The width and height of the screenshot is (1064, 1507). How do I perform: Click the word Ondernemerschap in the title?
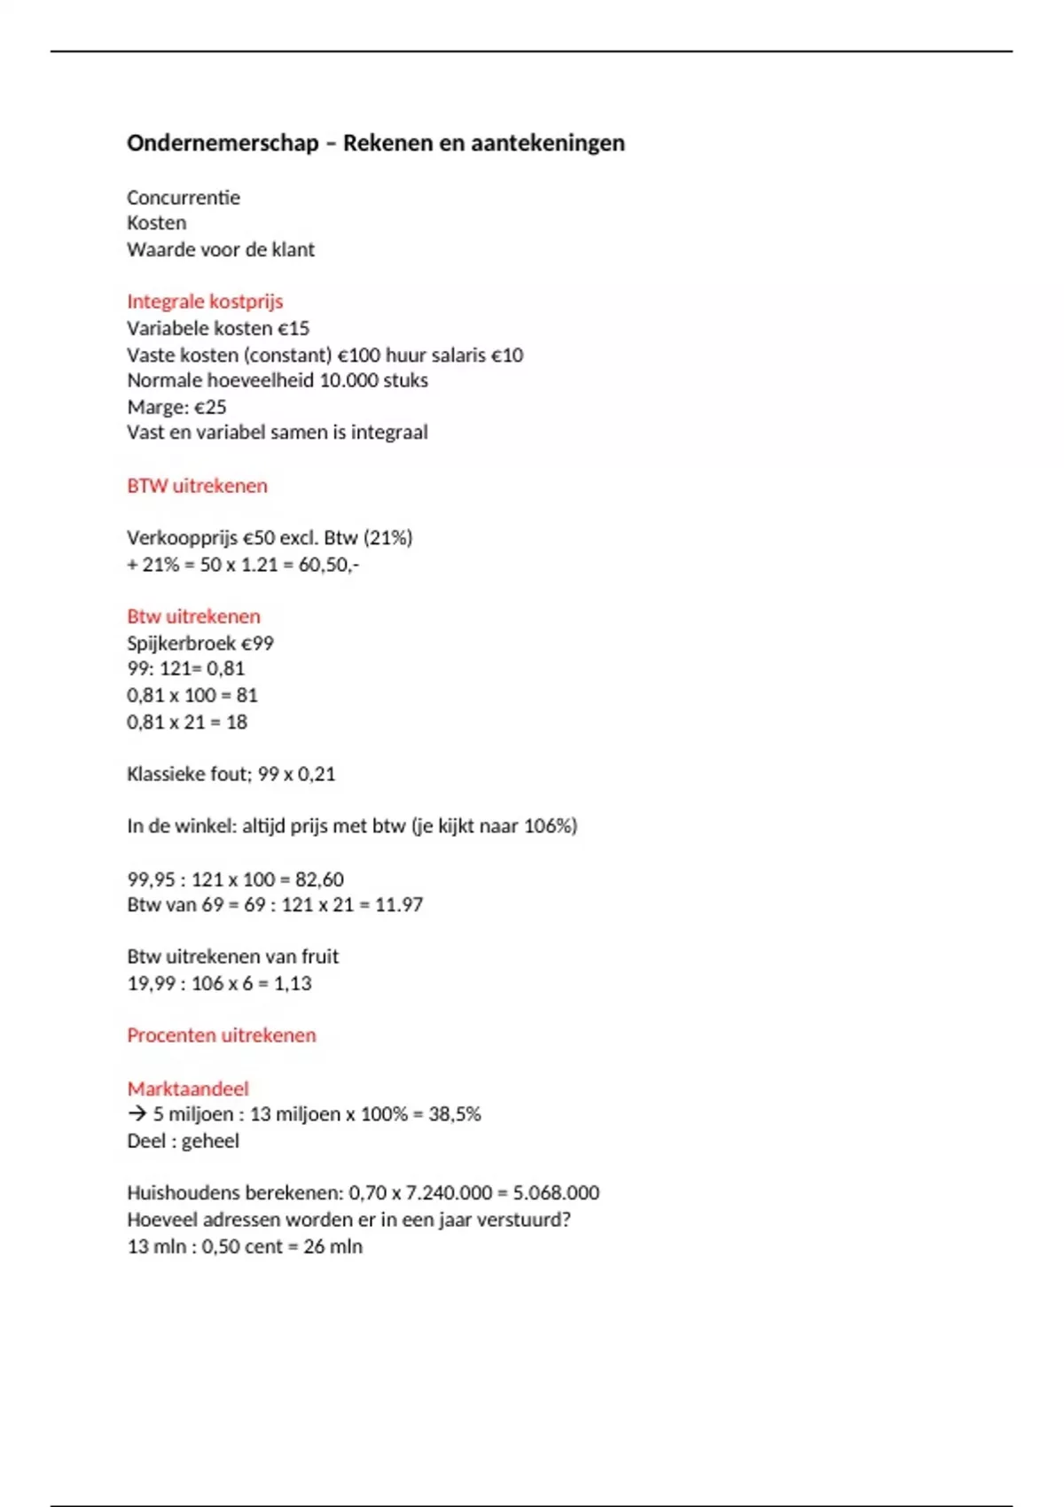(x=223, y=144)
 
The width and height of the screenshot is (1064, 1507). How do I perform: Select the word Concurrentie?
(x=184, y=198)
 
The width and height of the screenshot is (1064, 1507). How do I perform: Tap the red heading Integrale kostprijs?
(x=205, y=301)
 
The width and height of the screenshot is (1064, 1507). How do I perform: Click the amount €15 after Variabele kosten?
(x=293, y=328)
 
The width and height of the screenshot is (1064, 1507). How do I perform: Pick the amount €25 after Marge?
(x=210, y=407)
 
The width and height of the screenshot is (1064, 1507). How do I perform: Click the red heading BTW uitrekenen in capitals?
(x=197, y=486)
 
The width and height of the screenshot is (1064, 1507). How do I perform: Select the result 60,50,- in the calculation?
(x=328, y=565)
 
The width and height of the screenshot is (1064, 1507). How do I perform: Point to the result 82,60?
(x=319, y=879)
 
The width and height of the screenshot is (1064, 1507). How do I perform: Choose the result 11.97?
(x=399, y=905)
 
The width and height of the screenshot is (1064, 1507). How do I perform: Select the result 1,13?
(x=293, y=983)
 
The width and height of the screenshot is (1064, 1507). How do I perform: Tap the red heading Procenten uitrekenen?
(x=222, y=1035)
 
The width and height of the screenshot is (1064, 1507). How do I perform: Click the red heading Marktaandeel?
(x=188, y=1089)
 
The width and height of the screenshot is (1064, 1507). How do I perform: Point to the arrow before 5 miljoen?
(x=137, y=1114)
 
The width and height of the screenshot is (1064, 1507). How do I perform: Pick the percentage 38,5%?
(x=454, y=1114)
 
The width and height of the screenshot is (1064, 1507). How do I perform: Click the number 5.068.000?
(x=556, y=1193)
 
